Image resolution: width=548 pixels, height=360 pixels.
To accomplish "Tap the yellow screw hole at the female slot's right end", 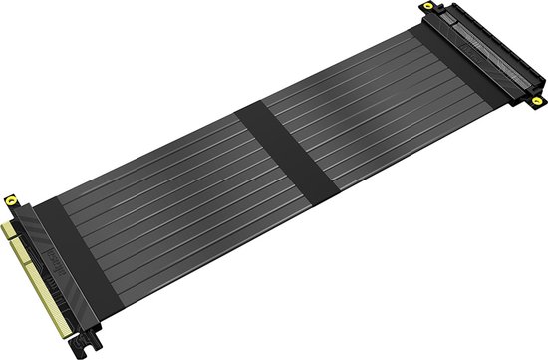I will click(x=537, y=101).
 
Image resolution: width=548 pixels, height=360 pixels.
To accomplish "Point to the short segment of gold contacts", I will click(x=12, y=232).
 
